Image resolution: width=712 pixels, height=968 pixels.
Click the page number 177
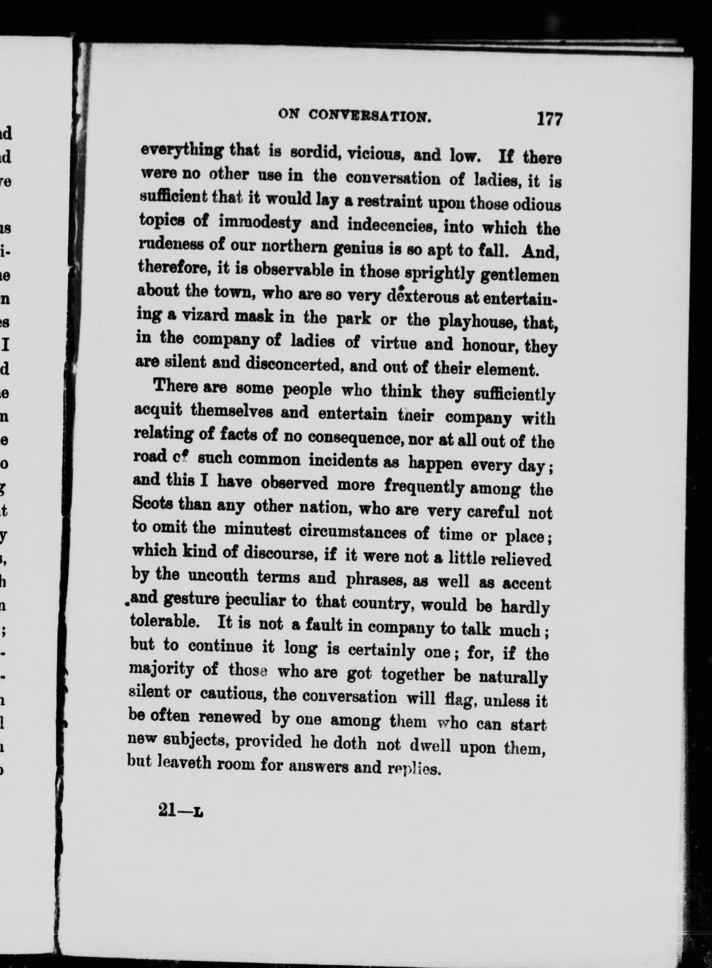click(x=549, y=119)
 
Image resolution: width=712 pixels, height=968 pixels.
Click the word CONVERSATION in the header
click(x=370, y=115)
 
